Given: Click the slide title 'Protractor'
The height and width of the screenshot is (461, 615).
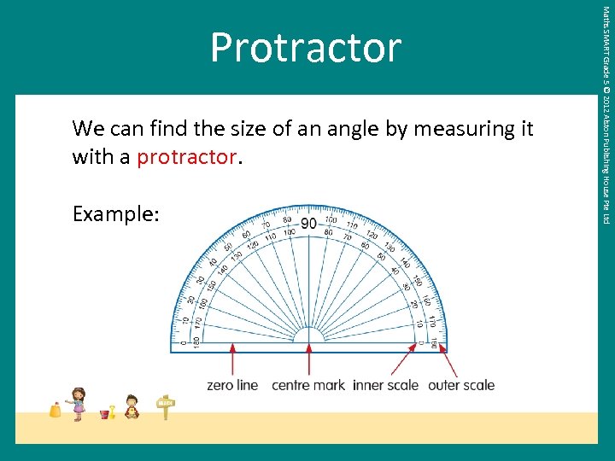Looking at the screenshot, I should pyautogui.click(x=305, y=48).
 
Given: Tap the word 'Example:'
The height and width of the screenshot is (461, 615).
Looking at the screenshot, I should pyautogui.click(x=115, y=213).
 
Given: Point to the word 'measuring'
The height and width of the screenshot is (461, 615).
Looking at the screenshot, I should pyautogui.click(x=465, y=129).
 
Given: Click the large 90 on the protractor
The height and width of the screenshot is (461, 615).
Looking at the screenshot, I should pyautogui.click(x=308, y=224).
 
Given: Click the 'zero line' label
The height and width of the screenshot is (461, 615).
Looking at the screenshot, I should pyautogui.click(x=232, y=385).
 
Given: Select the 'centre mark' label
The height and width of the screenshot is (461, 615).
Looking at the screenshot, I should pyautogui.click(x=307, y=385).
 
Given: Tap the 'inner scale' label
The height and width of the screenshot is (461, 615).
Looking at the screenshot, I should pyautogui.click(x=385, y=385).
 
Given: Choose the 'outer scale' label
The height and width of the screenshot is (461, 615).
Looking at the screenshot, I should pyautogui.click(x=461, y=385).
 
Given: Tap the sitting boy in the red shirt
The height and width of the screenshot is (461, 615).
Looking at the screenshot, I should pyautogui.click(x=132, y=406).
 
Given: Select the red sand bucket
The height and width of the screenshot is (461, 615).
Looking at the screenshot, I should pyautogui.click(x=105, y=414).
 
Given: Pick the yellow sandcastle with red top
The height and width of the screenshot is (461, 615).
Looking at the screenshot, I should pyautogui.click(x=56, y=410).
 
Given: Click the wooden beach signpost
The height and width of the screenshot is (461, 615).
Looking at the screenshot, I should pyautogui.click(x=165, y=406).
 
